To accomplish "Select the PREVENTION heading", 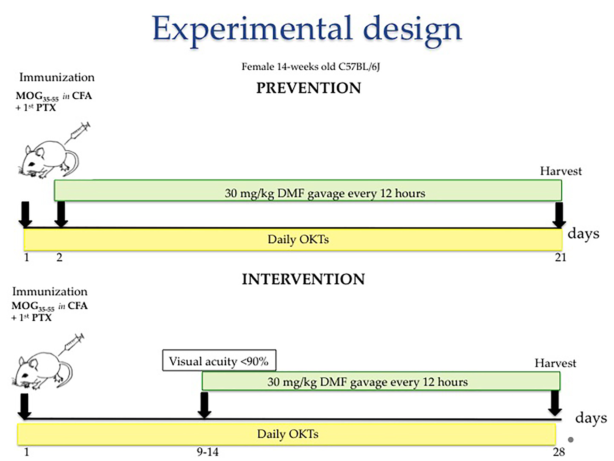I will click(x=308, y=88).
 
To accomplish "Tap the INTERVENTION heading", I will click(x=303, y=279).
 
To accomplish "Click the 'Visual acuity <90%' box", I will click(x=219, y=360).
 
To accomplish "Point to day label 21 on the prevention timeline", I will click(x=560, y=257).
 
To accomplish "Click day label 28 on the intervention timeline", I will click(x=559, y=452).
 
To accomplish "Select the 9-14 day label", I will click(x=207, y=452).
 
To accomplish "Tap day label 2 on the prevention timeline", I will click(x=59, y=257).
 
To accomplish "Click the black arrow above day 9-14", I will click(x=204, y=405).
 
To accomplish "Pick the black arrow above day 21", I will click(x=559, y=215).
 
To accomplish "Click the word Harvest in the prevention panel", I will click(x=561, y=171).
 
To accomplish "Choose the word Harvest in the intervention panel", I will click(x=555, y=363).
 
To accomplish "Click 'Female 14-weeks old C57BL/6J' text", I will click(x=310, y=67).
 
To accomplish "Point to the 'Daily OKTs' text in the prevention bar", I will click(x=298, y=239).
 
